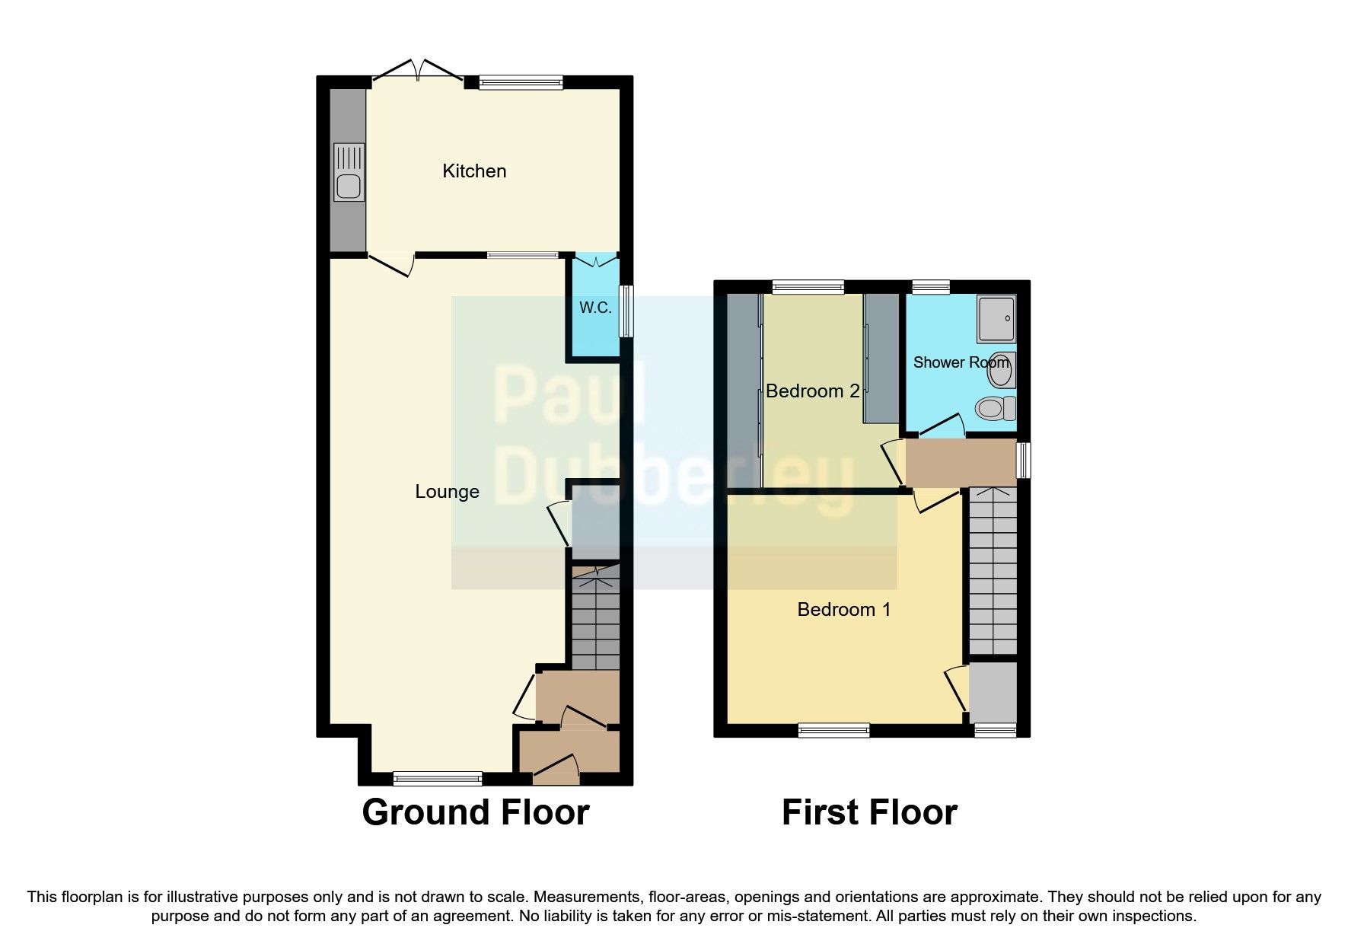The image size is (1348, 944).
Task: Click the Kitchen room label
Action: click(474, 171)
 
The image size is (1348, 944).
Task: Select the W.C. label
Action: click(595, 308)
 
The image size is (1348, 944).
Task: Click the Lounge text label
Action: click(447, 492)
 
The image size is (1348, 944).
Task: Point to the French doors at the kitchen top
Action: click(418, 73)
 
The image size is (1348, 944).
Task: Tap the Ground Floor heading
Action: click(475, 812)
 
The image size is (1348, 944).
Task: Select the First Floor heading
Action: click(869, 812)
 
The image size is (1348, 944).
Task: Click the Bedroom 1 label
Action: click(843, 610)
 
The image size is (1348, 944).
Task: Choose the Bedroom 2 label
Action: click(812, 391)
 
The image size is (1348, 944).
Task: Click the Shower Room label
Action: click(961, 362)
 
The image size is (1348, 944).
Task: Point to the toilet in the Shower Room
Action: click(996, 408)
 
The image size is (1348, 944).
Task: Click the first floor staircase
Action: click(993, 571)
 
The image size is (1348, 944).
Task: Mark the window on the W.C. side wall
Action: click(626, 311)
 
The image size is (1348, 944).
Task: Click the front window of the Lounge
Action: click(438, 778)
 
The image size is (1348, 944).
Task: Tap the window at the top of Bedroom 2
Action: click(808, 287)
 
